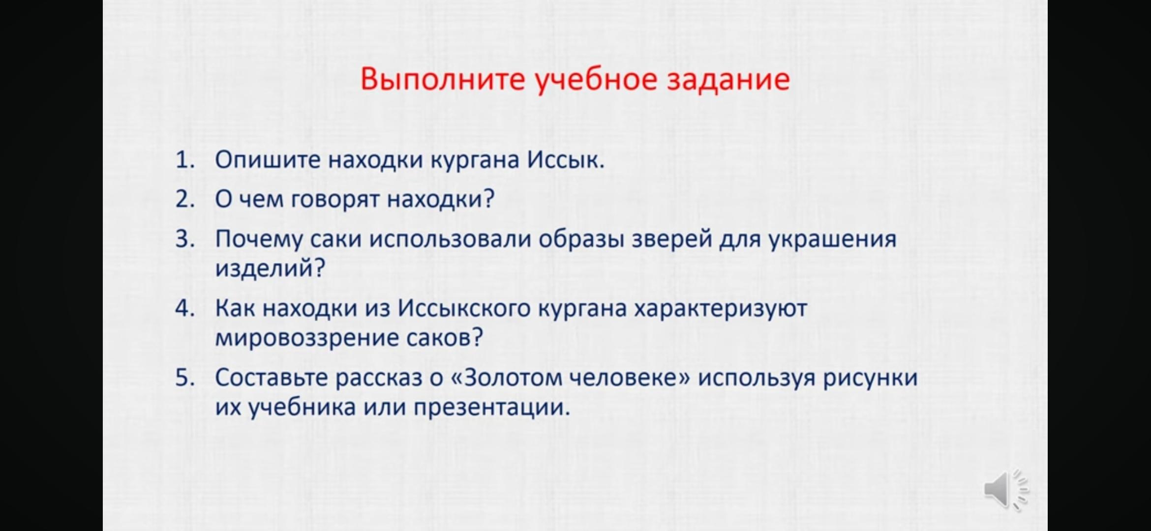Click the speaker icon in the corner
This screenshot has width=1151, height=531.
1006,490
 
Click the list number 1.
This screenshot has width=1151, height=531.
185,160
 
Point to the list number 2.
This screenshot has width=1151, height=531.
185,199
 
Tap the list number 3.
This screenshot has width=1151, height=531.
185,239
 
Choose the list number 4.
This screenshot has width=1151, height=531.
185,308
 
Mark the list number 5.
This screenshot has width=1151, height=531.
185,378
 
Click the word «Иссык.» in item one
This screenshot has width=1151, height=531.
566,160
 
